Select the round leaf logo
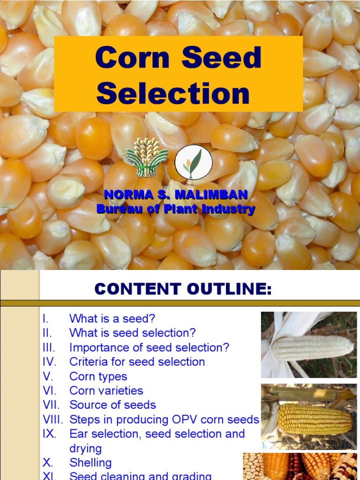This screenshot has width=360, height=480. click(193, 162)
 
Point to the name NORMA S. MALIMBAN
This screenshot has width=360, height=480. click(176, 194)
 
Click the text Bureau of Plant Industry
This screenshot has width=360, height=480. click(176, 209)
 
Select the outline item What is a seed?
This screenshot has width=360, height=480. click(112, 319)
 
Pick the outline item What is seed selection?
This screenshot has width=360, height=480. click(133, 333)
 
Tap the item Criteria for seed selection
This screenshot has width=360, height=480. click(137, 362)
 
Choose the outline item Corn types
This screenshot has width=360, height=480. click(98, 376)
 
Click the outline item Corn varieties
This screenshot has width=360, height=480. click(106, 390)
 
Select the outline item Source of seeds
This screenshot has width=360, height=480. click(112, 405)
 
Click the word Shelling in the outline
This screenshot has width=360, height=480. click(90, 463)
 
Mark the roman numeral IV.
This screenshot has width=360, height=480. click(49, 362)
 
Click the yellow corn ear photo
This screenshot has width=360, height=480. click(309, 417)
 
